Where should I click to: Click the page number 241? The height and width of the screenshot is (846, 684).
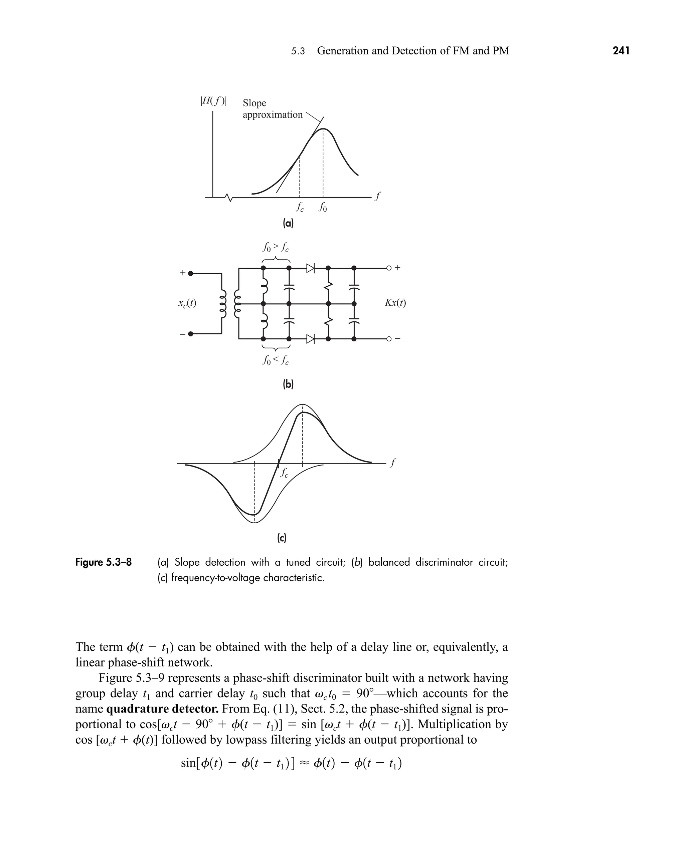[x=621, y=51]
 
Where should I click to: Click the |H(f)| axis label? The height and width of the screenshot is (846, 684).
[x=213, y=101]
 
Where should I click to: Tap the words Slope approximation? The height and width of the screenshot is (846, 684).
[x=272, y=109]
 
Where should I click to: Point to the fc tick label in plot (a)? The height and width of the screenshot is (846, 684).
[x=300, y=207]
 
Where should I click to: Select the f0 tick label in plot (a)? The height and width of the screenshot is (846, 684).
[x=323, y=207]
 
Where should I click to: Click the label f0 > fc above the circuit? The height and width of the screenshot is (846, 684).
[x=276, y=248]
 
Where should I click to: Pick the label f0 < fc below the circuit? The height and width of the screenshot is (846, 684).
[x=276, y=360]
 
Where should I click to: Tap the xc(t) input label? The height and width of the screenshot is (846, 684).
[x=187, y=303]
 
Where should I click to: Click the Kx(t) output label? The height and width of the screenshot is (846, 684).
[x=395, y=303]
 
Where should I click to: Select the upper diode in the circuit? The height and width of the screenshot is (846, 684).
[x=311, y=268]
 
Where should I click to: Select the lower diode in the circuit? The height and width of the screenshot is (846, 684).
[x=311, y=338]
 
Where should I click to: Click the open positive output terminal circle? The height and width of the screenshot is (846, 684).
[x=388, y=268]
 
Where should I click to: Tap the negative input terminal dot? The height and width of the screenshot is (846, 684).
[x=191, y=334]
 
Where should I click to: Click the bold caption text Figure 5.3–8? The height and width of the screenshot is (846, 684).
[x=104, y=562]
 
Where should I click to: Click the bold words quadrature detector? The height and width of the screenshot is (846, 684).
[x=162, y=709]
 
